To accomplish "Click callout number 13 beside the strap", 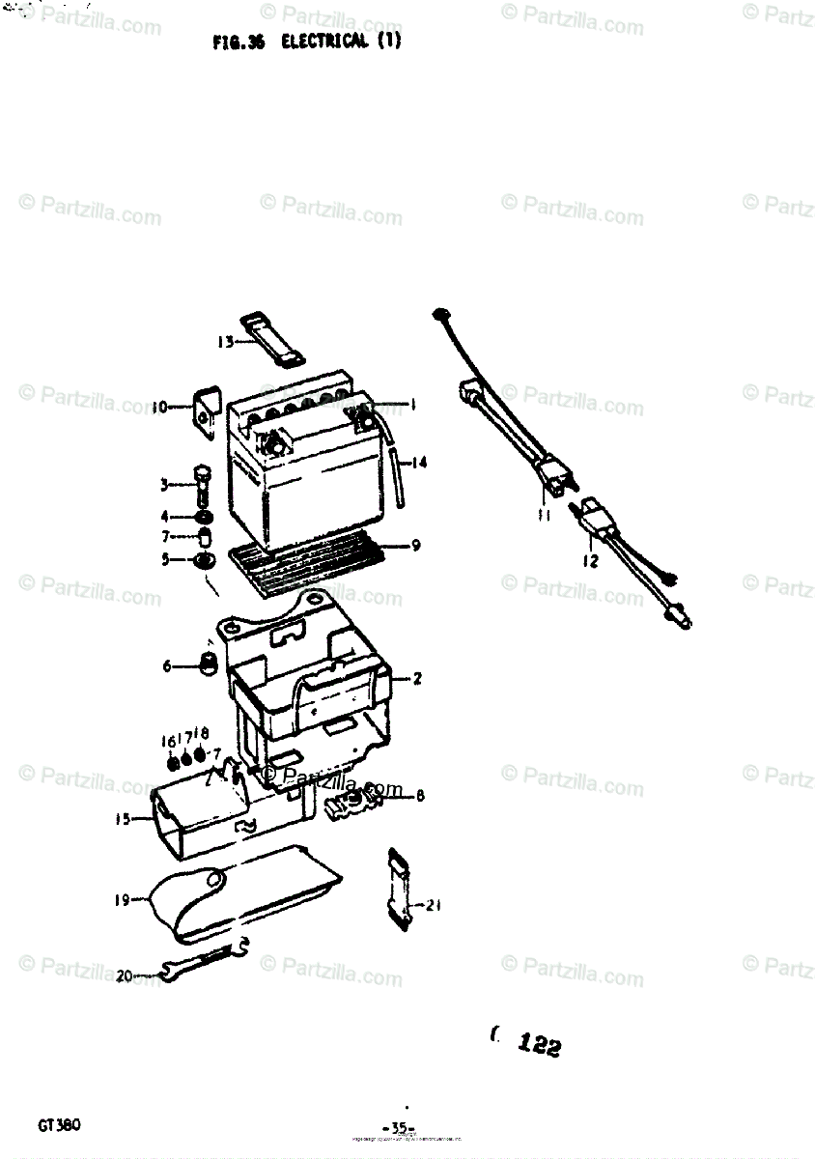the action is pyautogui.click(x=225, y=341).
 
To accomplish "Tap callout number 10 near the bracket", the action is pyautogui.click(x=159, y=407).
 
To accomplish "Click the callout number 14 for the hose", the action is pyautogui.click(x=418, y=463).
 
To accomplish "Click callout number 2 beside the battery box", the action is pyautogui.click(x=417, y=679).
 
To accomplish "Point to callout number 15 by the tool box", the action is pyautogui.click(x=123, y=820).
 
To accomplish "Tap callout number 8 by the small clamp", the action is pyautogui.click(x=420, y=797).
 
